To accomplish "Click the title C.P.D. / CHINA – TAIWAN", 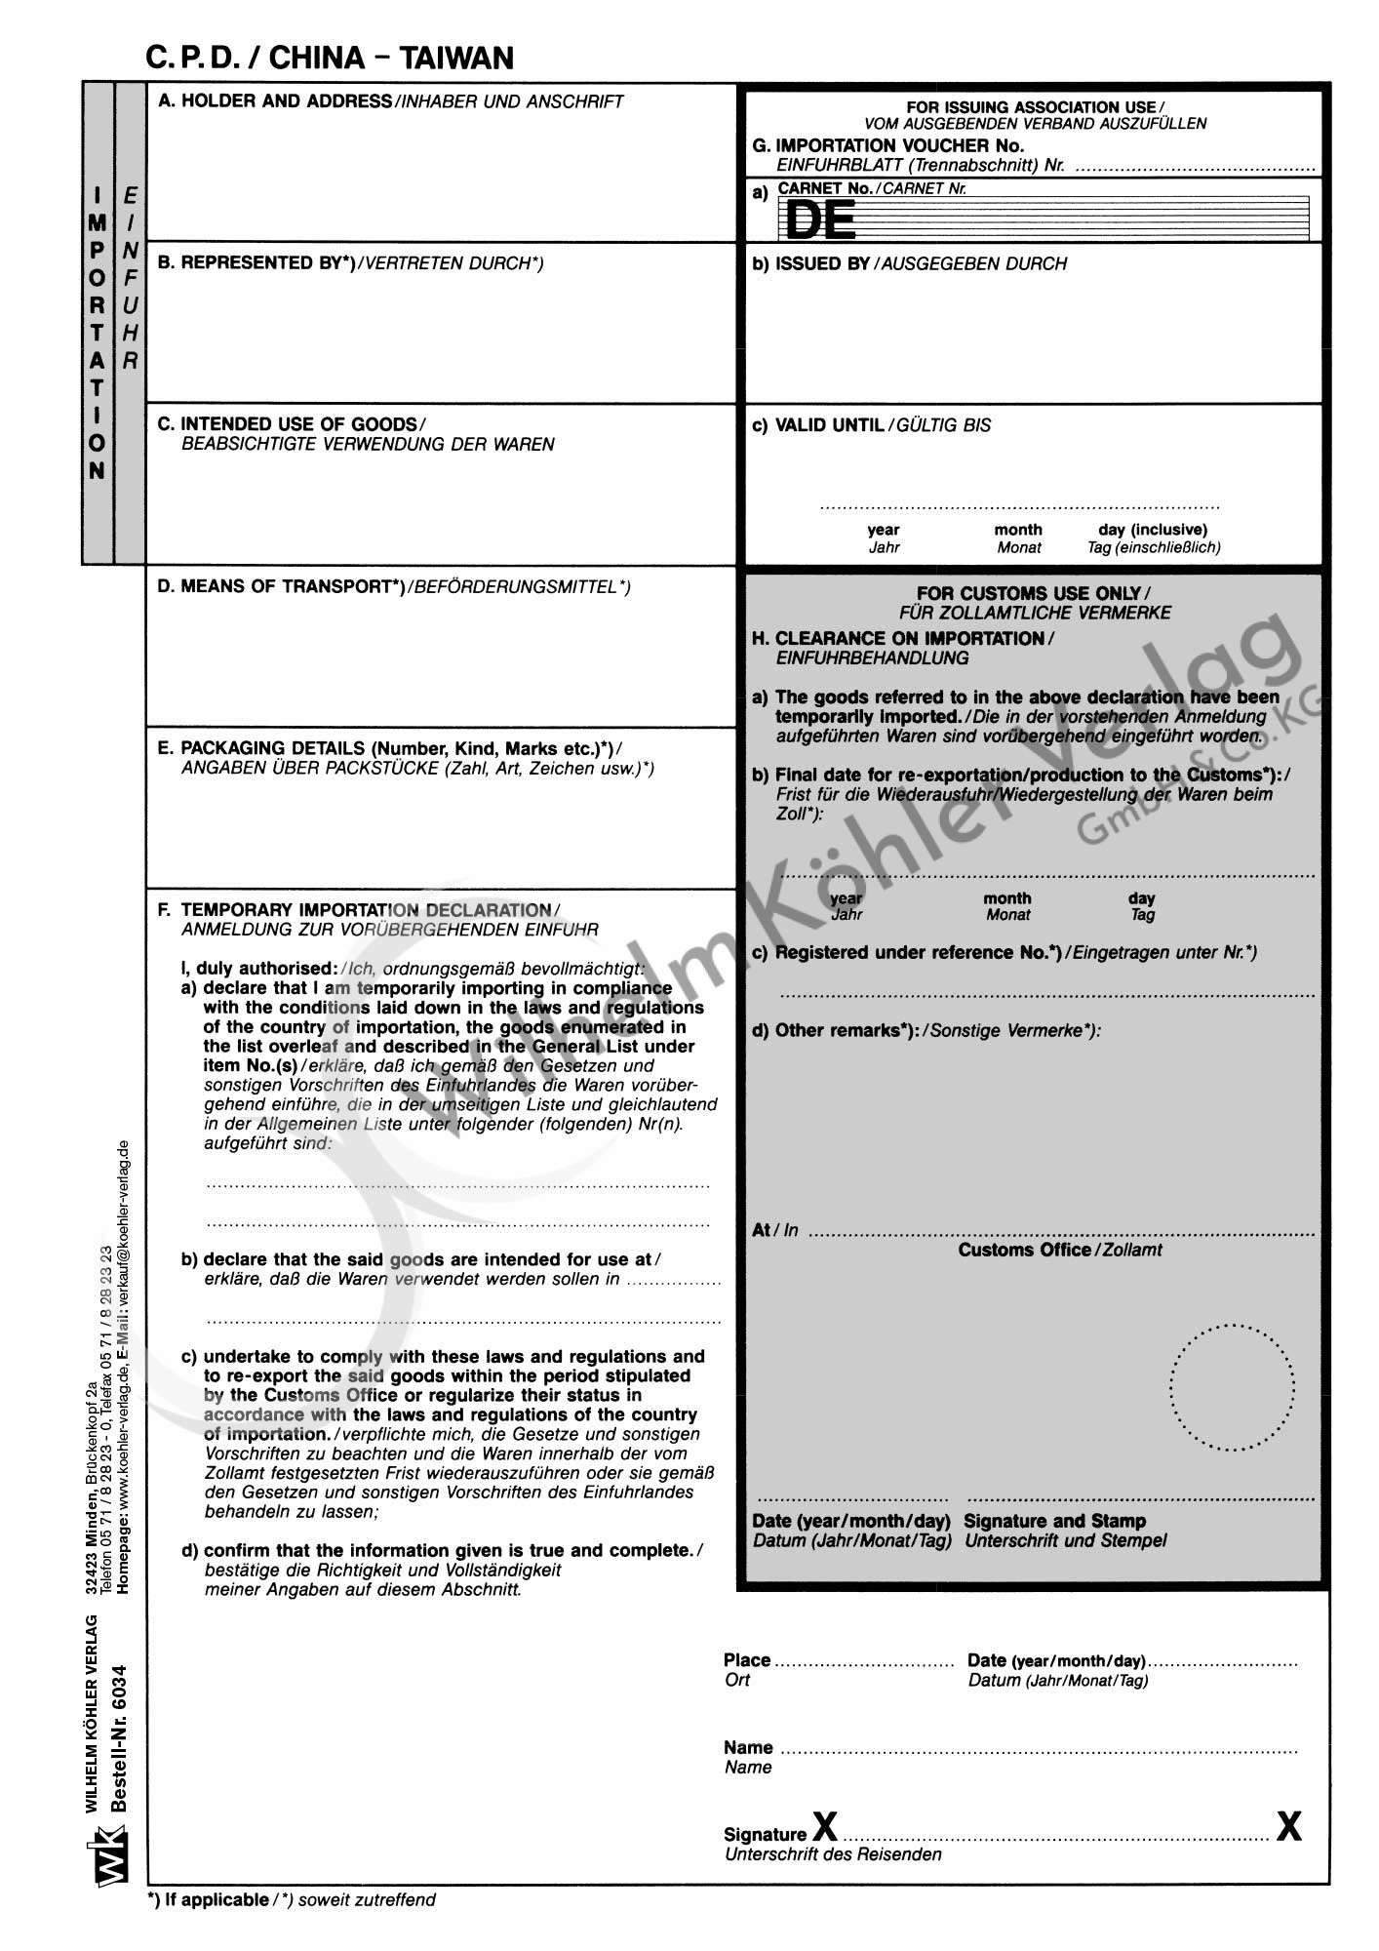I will coord(330,59).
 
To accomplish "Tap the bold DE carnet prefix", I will coord(820,220).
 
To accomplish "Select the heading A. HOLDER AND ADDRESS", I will coord(275,101).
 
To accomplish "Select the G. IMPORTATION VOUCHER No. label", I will coord(888,146).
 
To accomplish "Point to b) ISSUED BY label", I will coord(810,264).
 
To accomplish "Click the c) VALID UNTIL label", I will coord(818,425).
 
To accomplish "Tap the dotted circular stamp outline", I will coord(1232,1387).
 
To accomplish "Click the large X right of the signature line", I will coord(1288,1826).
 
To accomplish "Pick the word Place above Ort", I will coord(747,1660).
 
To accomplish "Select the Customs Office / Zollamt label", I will coord(1059,1250).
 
